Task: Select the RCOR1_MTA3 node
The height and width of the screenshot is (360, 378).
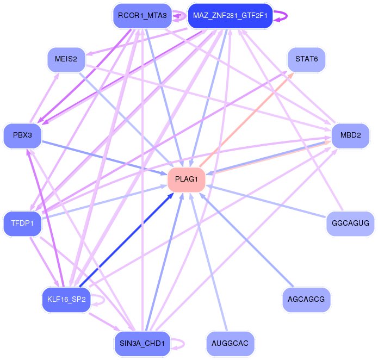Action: click(141, 16)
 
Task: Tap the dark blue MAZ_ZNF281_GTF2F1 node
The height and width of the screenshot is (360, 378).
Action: click(230, 16)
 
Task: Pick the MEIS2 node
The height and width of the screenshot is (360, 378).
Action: click(66, 59)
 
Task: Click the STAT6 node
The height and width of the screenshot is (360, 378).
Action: click(306, 59)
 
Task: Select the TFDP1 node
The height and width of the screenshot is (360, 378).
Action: click(23, 223)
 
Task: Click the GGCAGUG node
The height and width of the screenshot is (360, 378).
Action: click(350, 223)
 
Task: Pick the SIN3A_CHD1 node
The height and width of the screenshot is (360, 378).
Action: click(141, 343)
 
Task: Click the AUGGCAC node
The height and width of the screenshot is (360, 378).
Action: click(230, 343)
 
